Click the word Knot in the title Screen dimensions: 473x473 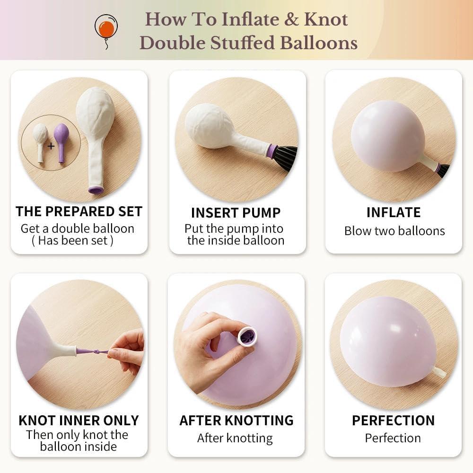(x=326, y=19)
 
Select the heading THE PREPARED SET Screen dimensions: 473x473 (x=79, y=211)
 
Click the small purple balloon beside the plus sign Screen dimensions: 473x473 (x=61, y=142)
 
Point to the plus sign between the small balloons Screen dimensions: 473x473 (x=51, y=146)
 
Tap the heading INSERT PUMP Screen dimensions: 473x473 (x=236, y=213)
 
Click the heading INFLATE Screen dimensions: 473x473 (x=394, y=212)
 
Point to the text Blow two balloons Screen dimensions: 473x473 (x=394, y=231)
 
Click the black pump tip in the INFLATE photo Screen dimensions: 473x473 (x=443, y=171)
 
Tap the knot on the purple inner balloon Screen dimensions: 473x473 (x=96, y=352)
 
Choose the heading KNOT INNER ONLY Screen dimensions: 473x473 (x=79, y=420)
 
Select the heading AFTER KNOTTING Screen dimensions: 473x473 (x=236, y=420)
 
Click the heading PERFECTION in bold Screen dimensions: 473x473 (x=394, y=420)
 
